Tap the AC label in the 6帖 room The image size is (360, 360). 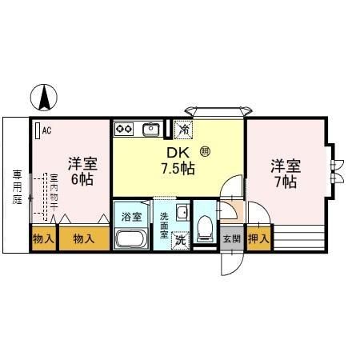click(46, 129)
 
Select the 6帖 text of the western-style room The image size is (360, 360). click(81, 180)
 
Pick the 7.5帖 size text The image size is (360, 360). click(180, 168)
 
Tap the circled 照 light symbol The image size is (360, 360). click(204, 150)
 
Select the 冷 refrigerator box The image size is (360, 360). click(184, 128)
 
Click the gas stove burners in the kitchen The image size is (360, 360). click(124, 127)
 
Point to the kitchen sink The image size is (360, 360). click(150, 128)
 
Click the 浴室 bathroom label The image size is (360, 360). click(131, 217)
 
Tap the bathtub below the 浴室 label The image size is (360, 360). click(132, 238)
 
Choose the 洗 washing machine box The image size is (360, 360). click(180, 239)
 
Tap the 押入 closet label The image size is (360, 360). click(258, 238)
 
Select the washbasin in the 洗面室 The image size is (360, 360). click(182, 213)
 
